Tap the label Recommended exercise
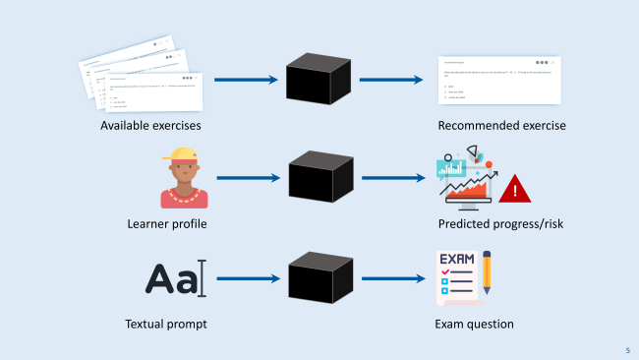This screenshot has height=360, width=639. pos(501,126)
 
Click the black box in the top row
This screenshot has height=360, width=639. pos(319,79)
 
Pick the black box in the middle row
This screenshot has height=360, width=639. pos(320,177)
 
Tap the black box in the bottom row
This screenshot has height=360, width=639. pos(320,277)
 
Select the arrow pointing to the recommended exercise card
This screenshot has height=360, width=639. pos(391,79)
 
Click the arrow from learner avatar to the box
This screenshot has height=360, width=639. pos(248,178)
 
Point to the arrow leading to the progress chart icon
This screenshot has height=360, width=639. pos(393,178)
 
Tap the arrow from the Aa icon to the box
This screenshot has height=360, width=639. pos(248,278)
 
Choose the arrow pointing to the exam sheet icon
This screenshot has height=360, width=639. pos(393,278)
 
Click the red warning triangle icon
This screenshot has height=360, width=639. pos(513,188)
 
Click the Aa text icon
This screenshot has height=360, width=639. pos(171,278)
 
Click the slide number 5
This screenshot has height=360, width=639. pos(627,350)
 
